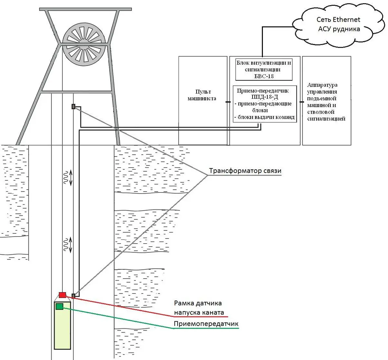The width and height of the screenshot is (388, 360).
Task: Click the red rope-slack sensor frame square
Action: pyautogui.click(x=62, y=295)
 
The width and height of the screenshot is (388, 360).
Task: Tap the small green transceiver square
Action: pyautogui.click(x=59, y=306)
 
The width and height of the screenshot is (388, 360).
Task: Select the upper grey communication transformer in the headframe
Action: pyautogui.click(x=73, y=106)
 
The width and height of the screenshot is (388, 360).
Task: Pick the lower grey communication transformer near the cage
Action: pyautogui.click(x=73, y=295)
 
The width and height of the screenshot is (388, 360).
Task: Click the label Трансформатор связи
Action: pyautogui.click(x=245, y=171)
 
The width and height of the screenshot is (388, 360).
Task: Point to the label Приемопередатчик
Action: pyautogui.click(x=206, y=324)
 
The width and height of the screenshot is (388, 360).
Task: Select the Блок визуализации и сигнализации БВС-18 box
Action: pyautogui.click(x=264, y=69)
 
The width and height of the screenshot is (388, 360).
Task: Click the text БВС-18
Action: pyautogui.click(x=264, y=76)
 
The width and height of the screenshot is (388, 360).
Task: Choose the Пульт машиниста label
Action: pyautogui.click(x=202, y=95)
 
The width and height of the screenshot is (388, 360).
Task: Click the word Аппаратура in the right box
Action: pyautogui.click(x=322, y=85)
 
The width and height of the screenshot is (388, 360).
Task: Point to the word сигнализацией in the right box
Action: pyautogui.click(x=326, y=119)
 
